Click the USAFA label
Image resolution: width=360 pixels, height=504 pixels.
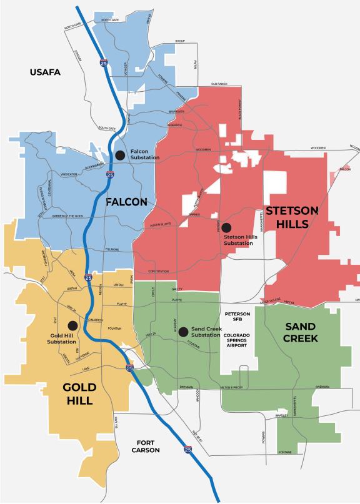point(44,73)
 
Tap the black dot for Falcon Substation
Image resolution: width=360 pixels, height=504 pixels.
point(120,156)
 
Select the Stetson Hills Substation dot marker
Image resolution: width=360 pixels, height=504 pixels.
point(226,227)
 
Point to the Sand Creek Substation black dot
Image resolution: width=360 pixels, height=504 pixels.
point(183,332)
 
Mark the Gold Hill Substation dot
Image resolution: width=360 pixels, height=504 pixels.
point(72,325)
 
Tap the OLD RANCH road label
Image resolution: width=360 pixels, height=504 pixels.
point(219,84)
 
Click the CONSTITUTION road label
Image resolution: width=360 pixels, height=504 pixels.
point(159,271)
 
